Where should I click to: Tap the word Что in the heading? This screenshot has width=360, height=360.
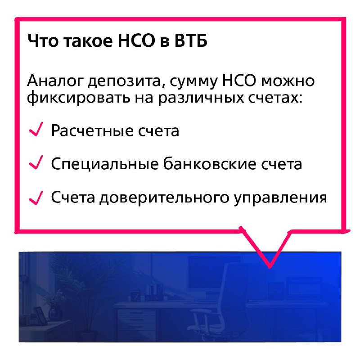(x=43, y=40)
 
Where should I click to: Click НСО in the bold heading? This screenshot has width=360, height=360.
(x=136, y=40)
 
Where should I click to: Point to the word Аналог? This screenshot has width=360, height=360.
(x=55, y=81)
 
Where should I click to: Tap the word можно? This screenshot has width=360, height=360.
(x=288, y=81)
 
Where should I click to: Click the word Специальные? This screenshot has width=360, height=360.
(x=105, y=164)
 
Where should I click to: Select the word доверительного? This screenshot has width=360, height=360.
(x=164, y=198)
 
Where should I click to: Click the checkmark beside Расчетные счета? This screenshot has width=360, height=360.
(x=36, y=129)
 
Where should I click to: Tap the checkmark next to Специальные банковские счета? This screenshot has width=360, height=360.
(x=36, y=162)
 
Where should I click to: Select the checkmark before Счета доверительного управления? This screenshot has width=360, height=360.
(x=36, y=198)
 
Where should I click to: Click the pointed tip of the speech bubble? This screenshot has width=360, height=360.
(x=270, y=266)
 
